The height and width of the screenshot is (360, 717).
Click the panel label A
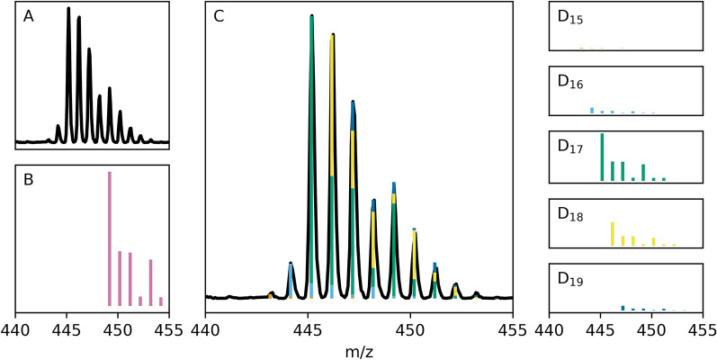tap(29, 17)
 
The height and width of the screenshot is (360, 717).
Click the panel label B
tap(29, 180)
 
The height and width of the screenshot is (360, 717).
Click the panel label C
tap(220, 17)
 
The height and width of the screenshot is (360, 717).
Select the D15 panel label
tap(569, 17)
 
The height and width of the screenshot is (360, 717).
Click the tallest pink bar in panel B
tap(110, 238)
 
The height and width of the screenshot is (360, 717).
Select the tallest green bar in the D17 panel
tap(602, 157)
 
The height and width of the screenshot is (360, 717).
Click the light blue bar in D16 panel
tap(592, 110)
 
